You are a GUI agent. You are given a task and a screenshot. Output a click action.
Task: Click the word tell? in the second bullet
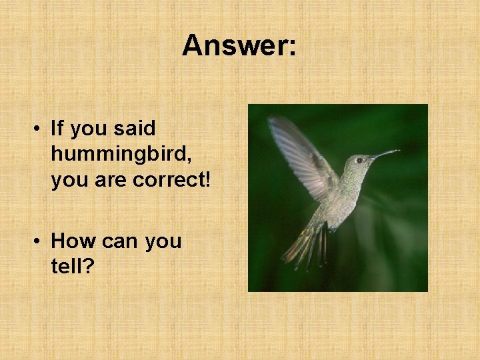click(x=73, y=266)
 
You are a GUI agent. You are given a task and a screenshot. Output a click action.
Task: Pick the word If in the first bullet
click(x=59, y=128)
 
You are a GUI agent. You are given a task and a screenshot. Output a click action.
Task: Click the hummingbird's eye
click(x=359, y=160)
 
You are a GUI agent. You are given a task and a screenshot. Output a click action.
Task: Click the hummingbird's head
click(x=357, y=163)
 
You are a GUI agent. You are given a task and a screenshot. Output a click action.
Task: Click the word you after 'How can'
click(x=162, y=241)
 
